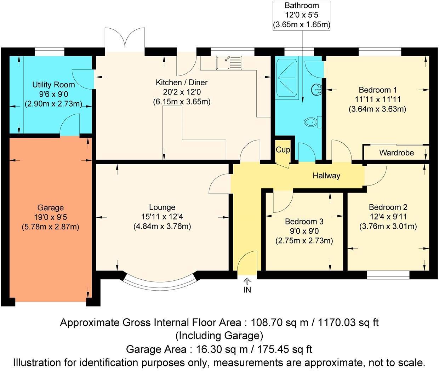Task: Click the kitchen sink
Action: pyautogui.click(x=229, y=63)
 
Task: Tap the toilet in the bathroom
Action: pyautogui.click(x=313, y=122)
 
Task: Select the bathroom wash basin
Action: pyautogui.click(x=317, y=90)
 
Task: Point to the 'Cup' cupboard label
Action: pyautogui.click(x=283, y=150)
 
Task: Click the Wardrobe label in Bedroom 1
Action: pyautogui.click(x=397, y=153)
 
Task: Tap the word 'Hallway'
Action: pyautogui.click(x=326, y=176)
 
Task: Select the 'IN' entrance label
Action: pyautogui.click(x=247, y=290)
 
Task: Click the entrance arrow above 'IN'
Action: pyautogui.click(x=247, y=281)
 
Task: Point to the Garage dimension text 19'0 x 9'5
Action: pyautogui.click(x=50, y=217)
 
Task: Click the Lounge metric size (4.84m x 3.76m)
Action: pyautogui.click(x=162, y=226)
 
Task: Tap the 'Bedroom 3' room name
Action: pyautogui.click(x=304, y=222)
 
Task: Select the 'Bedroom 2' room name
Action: pyautogui.click(x=388, y=207)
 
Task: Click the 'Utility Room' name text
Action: pyautogui.click(x=53, y=85)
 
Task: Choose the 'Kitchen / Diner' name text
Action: pyautogui.click(x=182, y=82)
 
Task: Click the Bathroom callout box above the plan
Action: pyautogui.click(x=301, y=16)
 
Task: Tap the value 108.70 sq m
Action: pyautogui.click(x=279, y=323)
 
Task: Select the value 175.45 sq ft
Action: pyautogui.click(x=285, y=349)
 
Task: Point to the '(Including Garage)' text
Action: pyautogui.click(x=219, y=336)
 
